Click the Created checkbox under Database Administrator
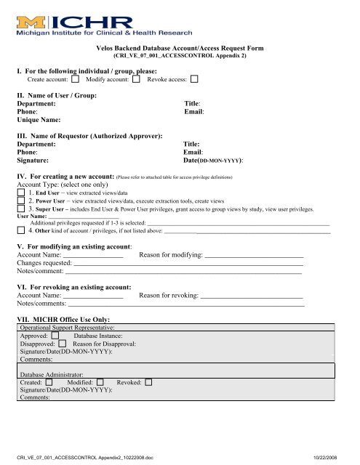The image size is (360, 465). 49,381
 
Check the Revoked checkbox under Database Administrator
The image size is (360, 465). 148,381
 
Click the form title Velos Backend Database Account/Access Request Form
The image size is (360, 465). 180,47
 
